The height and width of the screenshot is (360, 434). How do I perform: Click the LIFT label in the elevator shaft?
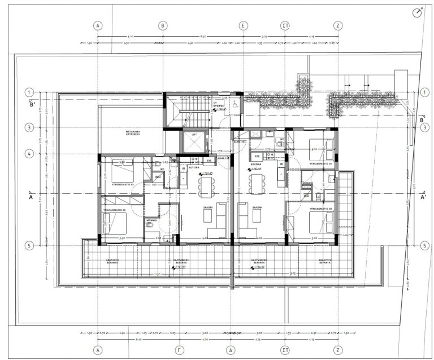pyautogui.click(x=193, y=135)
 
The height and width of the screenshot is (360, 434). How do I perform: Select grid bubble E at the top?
pyautogui.click(x=244, y=25)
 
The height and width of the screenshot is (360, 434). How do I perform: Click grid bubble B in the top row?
pyautogui.click(x=163, y=25)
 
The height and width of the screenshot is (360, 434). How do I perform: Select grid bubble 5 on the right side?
pyautogui.click(x=424, y=245)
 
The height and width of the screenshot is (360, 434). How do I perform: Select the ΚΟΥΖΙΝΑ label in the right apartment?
pyautogui.click(x=258, y=163)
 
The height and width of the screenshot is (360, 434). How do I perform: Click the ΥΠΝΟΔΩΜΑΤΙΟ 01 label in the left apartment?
pyautogui.click(x=122, y=184)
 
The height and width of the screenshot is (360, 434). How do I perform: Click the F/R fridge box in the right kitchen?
pyautogui.click(x=257, y=155)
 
